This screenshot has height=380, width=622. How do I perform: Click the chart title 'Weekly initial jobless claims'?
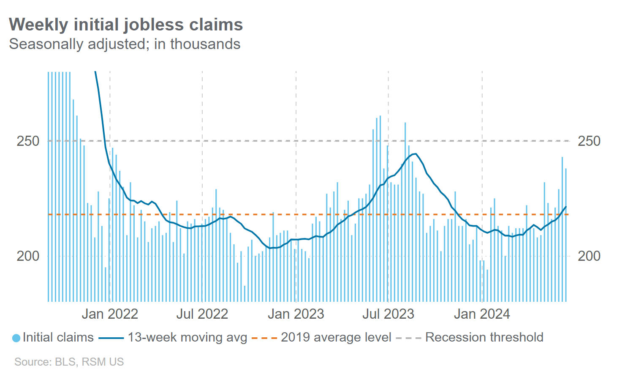(126, 25)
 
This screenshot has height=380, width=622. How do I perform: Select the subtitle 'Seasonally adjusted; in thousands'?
(125, 44)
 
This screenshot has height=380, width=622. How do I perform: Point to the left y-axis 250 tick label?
(28, 141)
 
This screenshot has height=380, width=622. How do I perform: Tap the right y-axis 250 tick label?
(589, 141)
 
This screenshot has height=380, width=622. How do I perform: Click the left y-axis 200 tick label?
(28, 256)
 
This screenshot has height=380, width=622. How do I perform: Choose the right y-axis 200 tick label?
(589, 256)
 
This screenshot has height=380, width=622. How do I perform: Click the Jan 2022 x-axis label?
(110, 314)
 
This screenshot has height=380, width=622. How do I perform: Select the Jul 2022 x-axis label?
(202, 314)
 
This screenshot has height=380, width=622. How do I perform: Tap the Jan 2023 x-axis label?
(296, 314)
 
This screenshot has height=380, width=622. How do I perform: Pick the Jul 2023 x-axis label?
(388, 314)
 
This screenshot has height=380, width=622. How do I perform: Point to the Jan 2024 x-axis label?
(482, 314)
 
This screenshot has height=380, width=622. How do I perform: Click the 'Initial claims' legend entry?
(58, 337)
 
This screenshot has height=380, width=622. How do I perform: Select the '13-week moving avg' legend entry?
(187, 337)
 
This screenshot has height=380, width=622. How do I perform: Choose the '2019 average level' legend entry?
(336, 337)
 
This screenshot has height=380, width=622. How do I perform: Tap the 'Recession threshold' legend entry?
(484, 337)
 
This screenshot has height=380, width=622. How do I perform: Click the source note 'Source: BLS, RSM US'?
(69, 362)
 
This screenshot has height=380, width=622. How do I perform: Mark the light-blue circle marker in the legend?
(16, 338)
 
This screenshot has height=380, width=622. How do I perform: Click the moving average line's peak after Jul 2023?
(416, 154)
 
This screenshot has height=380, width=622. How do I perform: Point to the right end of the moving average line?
(566, 207)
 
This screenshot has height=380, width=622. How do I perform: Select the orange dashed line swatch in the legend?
(264, 338)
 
